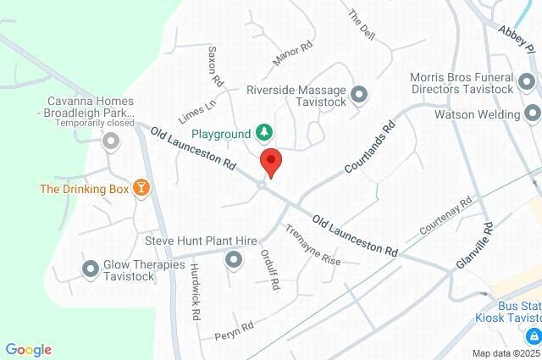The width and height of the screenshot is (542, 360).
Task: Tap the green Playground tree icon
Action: coord(266,133)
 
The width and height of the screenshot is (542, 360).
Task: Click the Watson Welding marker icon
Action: coord(532,114)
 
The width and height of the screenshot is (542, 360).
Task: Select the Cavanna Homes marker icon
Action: coord(110,141)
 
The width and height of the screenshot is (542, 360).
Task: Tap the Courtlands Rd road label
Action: coord(371,148)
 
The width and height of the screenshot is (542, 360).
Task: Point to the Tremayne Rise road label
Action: coord(312,245)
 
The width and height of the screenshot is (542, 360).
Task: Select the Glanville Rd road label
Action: coord(474,246)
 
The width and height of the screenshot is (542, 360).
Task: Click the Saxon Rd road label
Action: coord(214,67)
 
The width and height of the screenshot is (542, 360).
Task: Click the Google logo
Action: coord(28,349)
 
